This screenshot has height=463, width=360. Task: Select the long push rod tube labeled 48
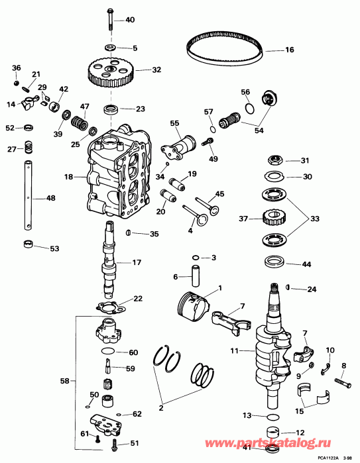coord(30,197)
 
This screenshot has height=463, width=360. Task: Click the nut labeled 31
coord(273,160)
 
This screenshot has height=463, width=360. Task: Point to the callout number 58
coord(64,382)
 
